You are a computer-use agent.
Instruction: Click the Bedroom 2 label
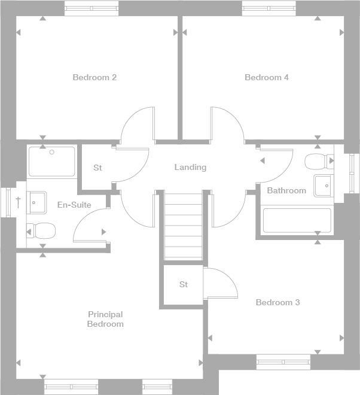pos(94,77)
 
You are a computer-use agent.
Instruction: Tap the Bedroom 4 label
pos(267,77)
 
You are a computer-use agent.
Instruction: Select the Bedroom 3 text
pos(277,302)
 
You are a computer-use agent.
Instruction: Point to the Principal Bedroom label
pos(105,319)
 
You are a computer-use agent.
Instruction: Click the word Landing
pos(190,167)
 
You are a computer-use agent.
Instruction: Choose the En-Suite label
pos(74,205)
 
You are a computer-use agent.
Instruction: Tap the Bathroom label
pos(286,190)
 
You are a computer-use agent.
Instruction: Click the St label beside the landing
pos(97,168)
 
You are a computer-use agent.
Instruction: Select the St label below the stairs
pos(184,284)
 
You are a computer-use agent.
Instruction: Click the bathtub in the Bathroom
pos(297,221)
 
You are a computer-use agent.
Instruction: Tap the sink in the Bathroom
pos(324,186)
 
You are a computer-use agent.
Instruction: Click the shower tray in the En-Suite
pos(52,161)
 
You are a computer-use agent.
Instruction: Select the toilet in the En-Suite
pos(41,230)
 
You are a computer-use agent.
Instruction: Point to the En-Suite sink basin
pos(36,202)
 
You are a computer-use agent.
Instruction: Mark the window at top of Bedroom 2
pos(91,8)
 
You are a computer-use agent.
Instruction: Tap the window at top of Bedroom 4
pos(269,8)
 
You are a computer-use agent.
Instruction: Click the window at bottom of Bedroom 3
pos(283,360)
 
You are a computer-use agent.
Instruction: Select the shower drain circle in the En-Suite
pos(52,152)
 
